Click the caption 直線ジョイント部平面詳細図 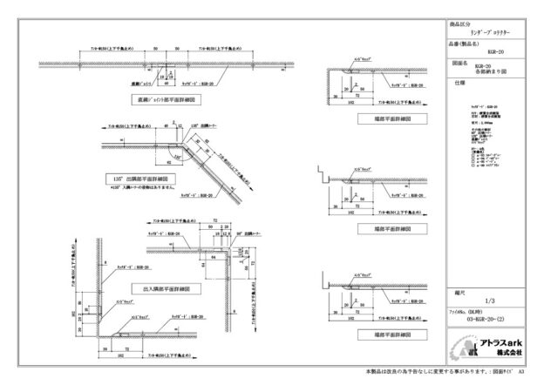165,101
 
